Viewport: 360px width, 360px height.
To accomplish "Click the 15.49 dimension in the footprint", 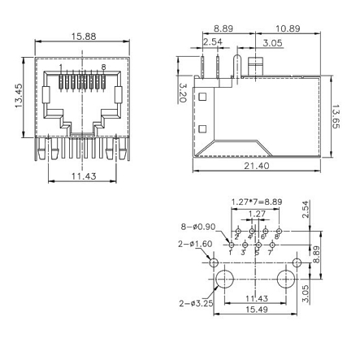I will pos(256,310).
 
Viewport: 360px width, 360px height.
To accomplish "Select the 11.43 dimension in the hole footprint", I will pos(256,298).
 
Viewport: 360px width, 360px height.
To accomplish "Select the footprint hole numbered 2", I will pos(237,234).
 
